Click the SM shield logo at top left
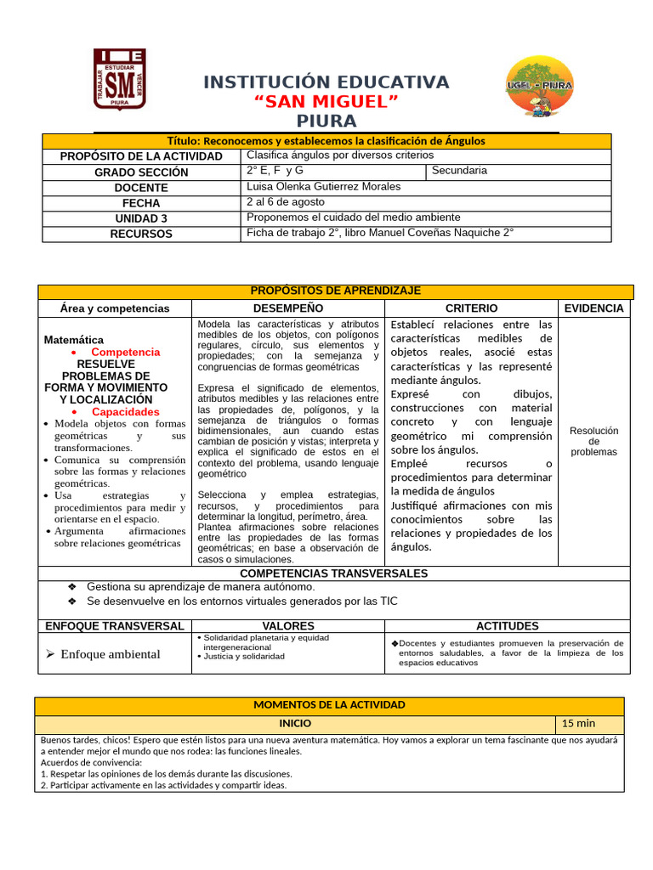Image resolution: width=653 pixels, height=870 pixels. (119, 80)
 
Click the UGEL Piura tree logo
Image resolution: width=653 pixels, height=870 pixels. (539, 86)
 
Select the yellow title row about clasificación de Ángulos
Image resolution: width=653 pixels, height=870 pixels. (326, 141)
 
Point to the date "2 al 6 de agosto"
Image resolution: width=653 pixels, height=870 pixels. (285, 202)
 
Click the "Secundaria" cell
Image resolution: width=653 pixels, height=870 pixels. (460, 171)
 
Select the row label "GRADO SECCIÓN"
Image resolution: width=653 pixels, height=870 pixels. (141, 172)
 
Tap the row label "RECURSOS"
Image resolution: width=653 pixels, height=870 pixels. (141, 234)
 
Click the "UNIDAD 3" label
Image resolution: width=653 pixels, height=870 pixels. (141, 218)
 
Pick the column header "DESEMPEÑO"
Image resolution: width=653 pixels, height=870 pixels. (288, 308)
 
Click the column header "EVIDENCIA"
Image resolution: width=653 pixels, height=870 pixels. (593, 308)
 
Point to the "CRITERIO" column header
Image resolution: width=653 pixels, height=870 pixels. (471, 308)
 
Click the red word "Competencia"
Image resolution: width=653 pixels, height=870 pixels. (125, 352)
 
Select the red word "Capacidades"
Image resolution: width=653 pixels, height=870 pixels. (126, 411)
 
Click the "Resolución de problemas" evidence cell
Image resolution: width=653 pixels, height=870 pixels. (594, 441)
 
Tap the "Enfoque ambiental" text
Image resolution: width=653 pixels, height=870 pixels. (111, 654)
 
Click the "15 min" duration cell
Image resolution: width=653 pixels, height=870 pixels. (579, 724)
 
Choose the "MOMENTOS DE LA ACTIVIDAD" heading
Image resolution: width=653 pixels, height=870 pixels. (329, 705)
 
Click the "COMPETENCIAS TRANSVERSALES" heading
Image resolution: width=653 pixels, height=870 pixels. (334, 573)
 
